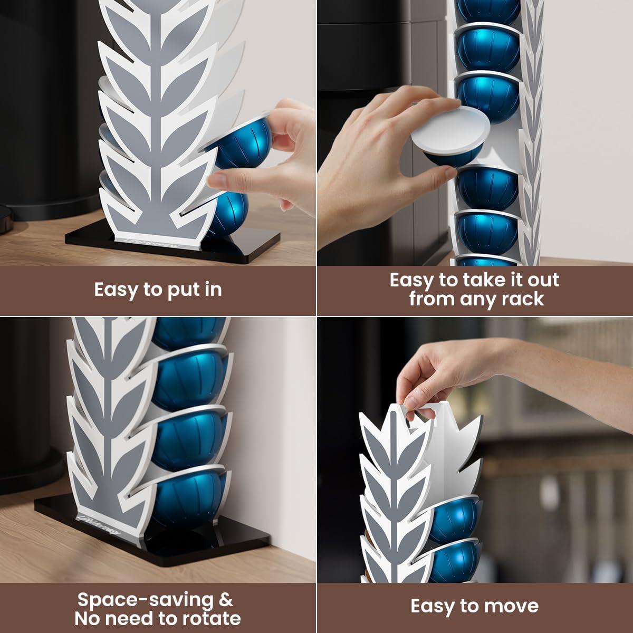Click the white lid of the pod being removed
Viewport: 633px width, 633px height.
(x=451, y=127)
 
